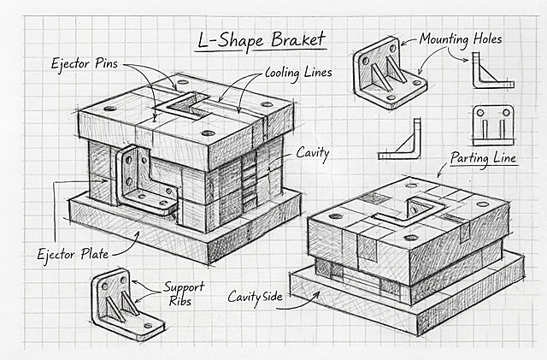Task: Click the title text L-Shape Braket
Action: [262, 40]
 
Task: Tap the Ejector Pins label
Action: [85, 63]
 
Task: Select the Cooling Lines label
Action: [298, 73]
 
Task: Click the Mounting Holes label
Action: [461, 39]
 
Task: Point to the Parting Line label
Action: [483, 158]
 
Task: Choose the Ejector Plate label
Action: [73, 254]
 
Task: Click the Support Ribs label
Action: [184, 294]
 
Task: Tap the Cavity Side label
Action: [255, 297]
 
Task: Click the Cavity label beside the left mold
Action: [313, 153]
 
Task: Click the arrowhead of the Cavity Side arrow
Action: [317, 294]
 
